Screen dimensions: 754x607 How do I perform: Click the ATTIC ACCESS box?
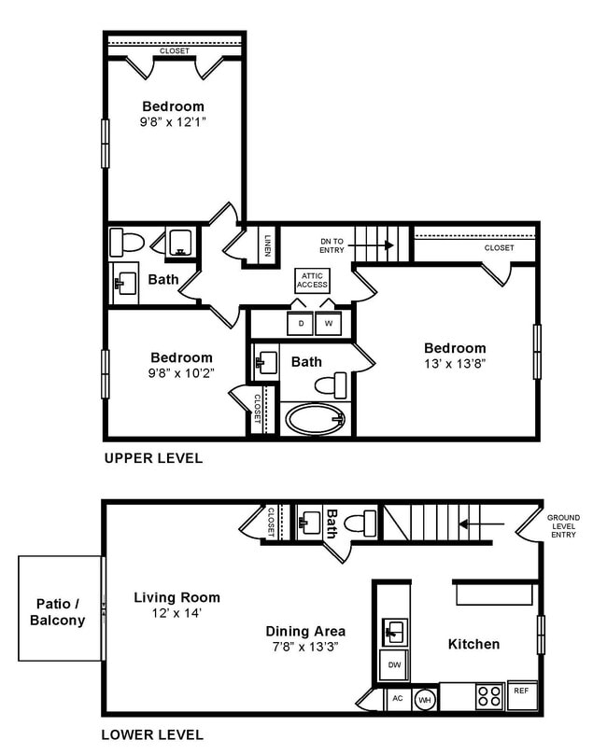(312, 280)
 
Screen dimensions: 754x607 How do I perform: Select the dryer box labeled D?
(300, 324)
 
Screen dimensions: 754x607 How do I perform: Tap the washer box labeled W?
(329, 324)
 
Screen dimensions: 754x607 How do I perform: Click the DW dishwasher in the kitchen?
(393, 664)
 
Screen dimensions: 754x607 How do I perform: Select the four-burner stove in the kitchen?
(489, 696)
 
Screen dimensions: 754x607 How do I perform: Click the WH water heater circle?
(425, 699)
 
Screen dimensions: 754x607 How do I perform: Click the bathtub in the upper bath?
(316, 418)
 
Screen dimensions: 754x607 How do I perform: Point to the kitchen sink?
(394, 632)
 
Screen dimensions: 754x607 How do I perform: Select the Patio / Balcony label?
(58, 611)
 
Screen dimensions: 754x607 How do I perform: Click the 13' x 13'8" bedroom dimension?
(456, 364)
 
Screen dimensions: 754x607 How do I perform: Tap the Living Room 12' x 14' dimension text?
(176, 614)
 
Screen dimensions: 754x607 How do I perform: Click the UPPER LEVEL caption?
(153, 458)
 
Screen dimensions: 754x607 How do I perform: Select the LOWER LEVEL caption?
(153, 734)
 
